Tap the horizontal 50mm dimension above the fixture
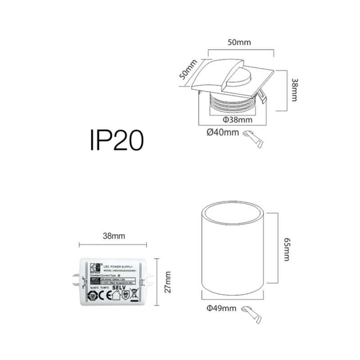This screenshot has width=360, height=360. (238, 43)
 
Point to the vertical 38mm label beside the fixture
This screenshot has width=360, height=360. (294, 90)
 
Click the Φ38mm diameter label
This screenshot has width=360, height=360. (237, 120)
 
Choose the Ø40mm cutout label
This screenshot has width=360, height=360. (223, 132)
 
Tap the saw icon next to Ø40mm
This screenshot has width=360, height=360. (253, 137)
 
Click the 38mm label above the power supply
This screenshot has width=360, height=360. (113, 235)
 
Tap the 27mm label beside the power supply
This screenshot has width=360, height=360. (168, 282)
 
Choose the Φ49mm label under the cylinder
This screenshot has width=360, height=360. (221, 308)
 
